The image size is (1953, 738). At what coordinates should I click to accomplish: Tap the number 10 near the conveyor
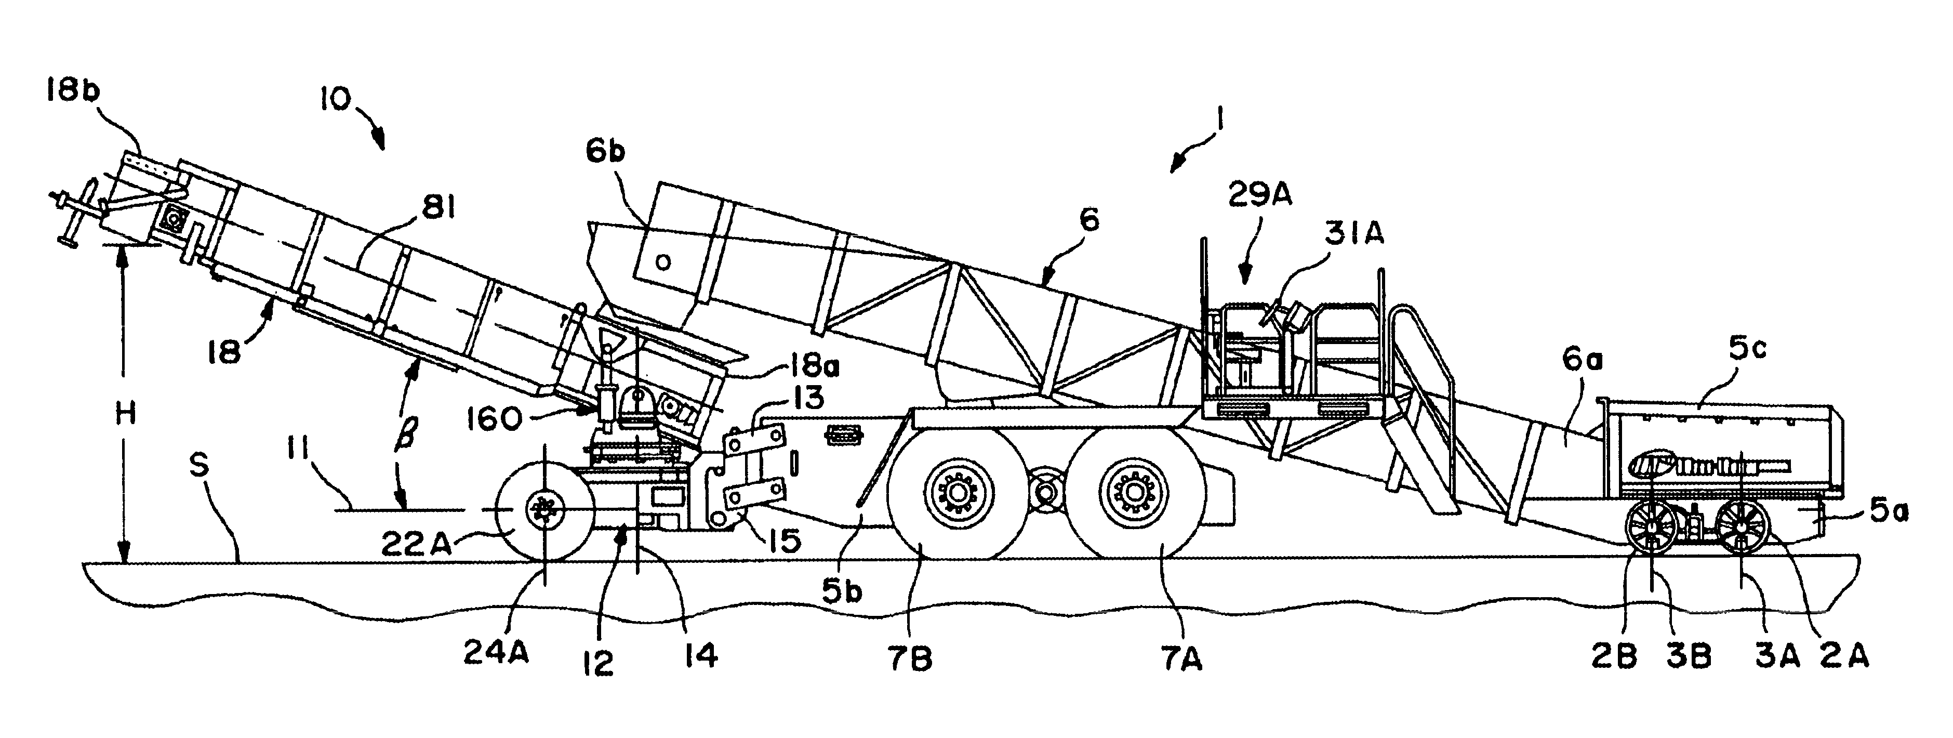tap(335, 99)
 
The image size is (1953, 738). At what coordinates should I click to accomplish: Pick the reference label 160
tap(494, 419)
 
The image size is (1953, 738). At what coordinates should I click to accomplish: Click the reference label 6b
tap(605, 152)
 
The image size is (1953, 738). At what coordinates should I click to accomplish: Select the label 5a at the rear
tap(1887, 513)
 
